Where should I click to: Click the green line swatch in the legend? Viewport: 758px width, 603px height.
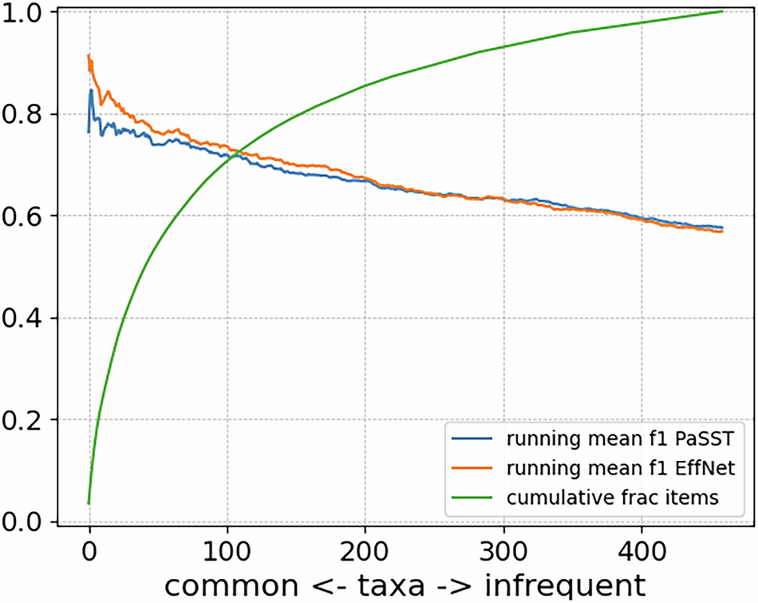point(470,498)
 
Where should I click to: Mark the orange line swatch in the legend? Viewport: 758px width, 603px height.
point(470,468)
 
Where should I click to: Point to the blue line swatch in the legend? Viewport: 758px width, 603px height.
point(470,438)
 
